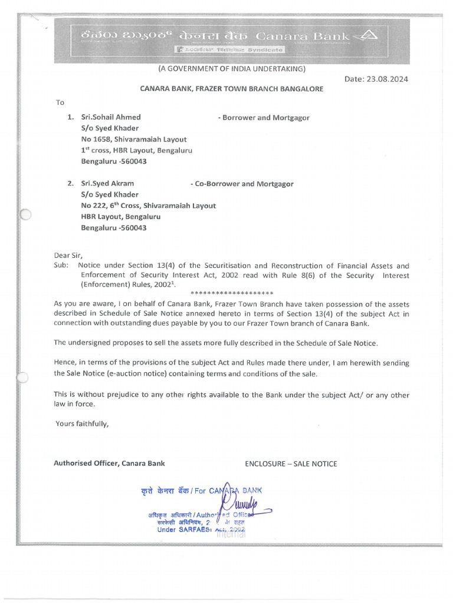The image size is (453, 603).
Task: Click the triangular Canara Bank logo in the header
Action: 368,36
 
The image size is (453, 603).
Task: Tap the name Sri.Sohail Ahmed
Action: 111,117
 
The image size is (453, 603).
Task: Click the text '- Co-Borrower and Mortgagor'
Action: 242,184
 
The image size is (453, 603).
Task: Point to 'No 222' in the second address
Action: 93,206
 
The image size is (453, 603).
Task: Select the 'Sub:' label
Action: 61,266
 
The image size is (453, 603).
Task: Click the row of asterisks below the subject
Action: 232,293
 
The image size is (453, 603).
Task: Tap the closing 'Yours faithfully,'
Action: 82,423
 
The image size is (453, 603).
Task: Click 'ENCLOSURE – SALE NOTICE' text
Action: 291,464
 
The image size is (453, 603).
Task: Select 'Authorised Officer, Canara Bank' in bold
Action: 109,463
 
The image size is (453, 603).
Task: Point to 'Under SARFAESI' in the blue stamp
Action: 183,529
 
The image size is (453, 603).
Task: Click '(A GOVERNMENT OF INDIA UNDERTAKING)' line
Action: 231,69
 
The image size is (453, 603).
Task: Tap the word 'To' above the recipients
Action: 60,102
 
